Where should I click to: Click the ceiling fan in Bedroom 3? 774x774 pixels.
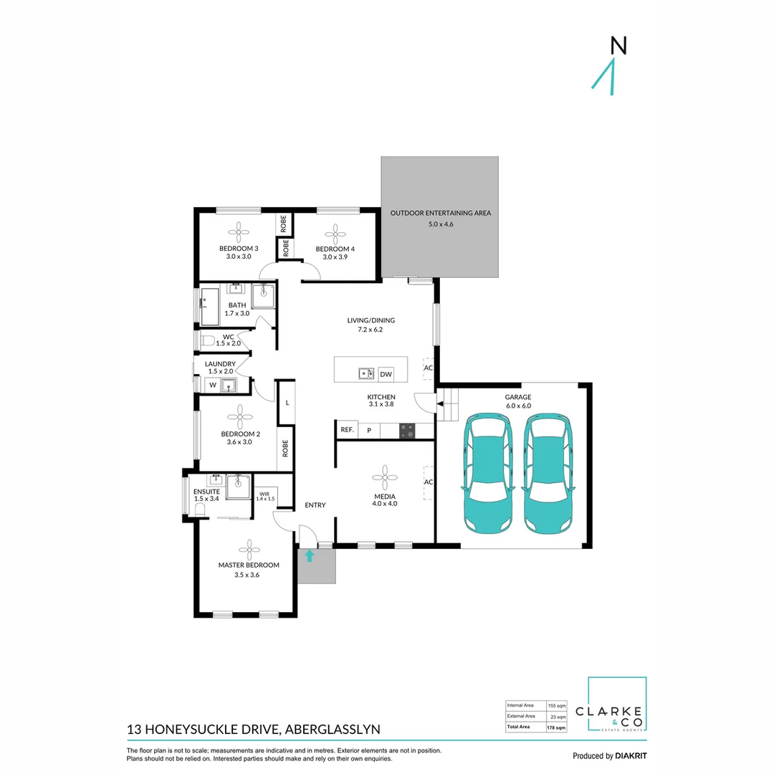(239, 231)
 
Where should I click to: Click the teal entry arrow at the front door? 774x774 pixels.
(310, 555)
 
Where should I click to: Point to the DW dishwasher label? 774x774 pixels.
(386, 373)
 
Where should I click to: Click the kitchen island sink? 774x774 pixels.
(367, 373)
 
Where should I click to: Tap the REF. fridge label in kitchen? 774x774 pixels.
(347, 430)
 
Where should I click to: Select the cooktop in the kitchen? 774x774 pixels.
(407, 430)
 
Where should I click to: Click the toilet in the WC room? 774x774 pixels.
(207, 340)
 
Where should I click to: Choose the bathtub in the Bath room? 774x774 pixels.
(210, 307)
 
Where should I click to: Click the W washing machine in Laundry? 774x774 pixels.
(213, 386)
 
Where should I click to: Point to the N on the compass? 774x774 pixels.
(618, 46)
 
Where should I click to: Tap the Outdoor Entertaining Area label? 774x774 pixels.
(440, 214)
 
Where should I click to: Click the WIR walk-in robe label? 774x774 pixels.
(264, 494)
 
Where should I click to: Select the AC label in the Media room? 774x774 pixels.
(429, 482)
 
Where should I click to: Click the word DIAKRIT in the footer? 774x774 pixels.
(631, 755)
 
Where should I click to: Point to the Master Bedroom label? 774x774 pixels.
(249, 565)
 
